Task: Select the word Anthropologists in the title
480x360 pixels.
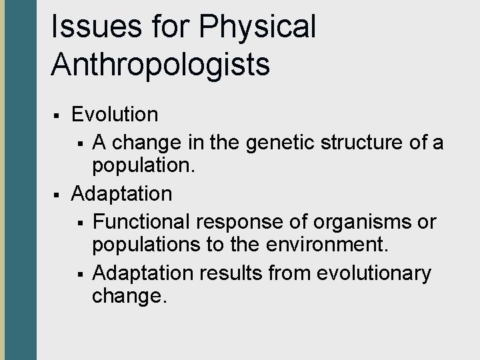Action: tap(160, 65)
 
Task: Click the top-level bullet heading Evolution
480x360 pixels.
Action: tap(115, 114)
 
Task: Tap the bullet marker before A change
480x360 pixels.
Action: tap(79, 143)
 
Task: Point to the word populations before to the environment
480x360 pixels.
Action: tap(143, 247)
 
